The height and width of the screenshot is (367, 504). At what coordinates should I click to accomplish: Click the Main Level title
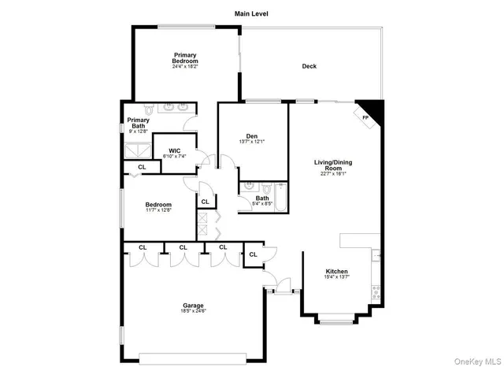click(251, 13)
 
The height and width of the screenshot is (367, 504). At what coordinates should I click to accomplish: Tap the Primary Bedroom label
click(186, 57)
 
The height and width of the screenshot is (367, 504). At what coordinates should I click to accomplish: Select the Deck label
click(309, 66)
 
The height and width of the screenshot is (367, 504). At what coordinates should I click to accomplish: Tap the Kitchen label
click(336, 271)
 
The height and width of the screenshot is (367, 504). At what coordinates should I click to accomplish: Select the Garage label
click(193, 305)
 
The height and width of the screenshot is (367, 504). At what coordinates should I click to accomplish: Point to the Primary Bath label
click(137, 123)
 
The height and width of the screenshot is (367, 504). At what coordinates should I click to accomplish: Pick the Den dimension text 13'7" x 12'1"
click(252, 142)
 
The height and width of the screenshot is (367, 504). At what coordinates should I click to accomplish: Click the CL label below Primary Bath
click(142, 168)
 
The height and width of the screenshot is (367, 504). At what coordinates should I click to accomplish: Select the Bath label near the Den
click(273, 198)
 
